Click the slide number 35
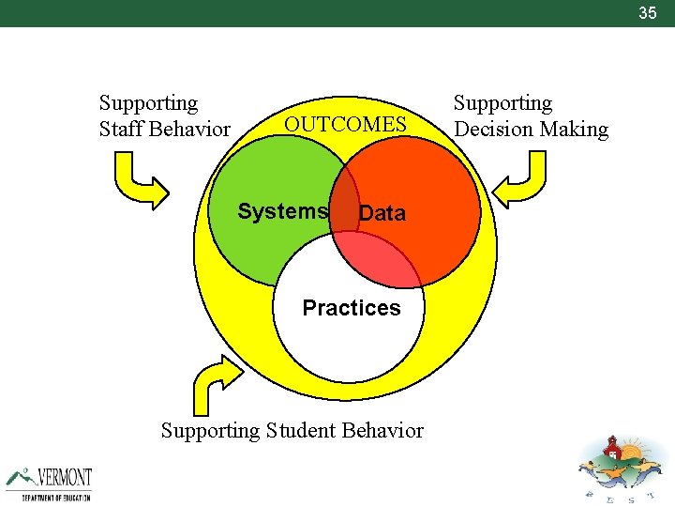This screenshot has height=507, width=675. [x=648, y=13]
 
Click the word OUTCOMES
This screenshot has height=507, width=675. [x=345, y=125]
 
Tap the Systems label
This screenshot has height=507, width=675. [x=282, y=211]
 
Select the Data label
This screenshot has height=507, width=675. [x=382, y=213]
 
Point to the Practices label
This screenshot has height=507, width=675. [x=351, y=308]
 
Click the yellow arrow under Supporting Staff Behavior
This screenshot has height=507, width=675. [x=140, y=180]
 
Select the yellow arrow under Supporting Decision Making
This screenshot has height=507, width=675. [x=520, y=180]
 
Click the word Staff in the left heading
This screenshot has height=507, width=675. [x=120, y=130]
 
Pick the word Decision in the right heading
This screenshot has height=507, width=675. [x=492, y=130]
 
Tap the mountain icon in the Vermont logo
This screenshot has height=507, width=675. [x=22, y=477]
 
